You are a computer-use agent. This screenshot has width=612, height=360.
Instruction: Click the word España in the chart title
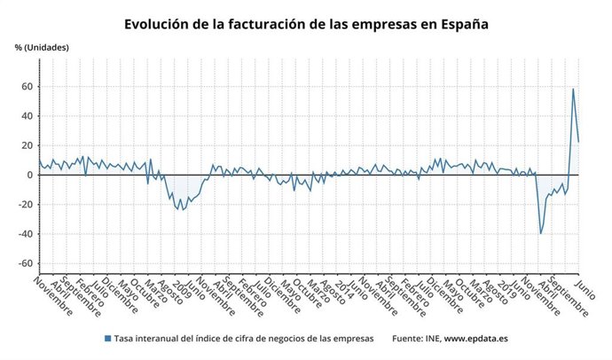461,24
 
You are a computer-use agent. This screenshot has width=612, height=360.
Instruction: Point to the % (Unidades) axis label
41,47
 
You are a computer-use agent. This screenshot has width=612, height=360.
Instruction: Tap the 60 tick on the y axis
27,86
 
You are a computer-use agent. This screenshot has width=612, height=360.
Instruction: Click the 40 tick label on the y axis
27,116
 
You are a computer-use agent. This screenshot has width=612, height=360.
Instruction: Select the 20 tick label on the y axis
27,145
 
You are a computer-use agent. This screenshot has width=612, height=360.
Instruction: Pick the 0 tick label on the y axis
30,175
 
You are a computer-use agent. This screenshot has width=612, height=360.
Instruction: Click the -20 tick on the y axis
26,205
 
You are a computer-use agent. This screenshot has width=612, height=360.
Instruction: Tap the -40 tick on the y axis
26,234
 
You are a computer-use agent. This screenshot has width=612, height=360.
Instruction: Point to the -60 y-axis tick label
26,263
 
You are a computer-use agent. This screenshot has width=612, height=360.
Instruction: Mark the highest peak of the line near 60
573,89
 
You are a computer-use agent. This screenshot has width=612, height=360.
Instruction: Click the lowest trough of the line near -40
541,233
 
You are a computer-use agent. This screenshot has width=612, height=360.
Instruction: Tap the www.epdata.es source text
475,339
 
